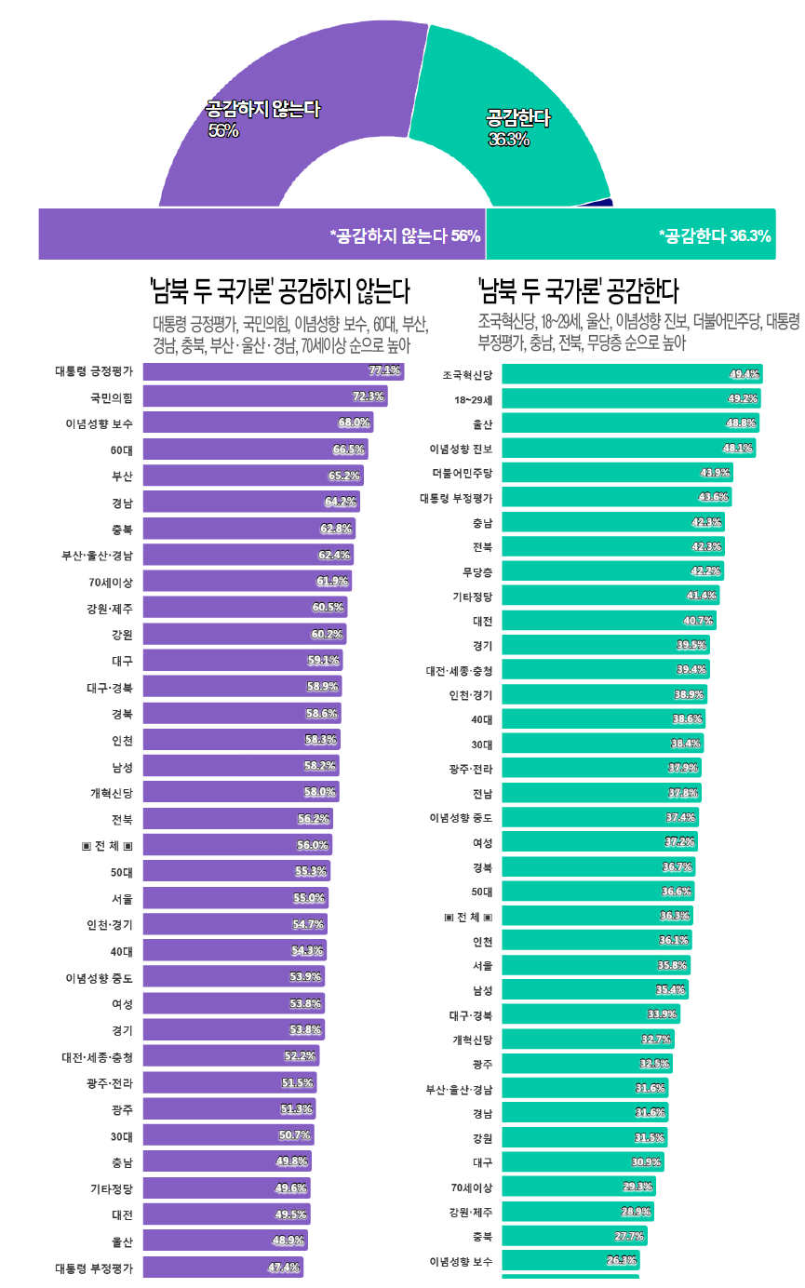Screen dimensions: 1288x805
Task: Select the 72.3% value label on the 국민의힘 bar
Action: click(x=369, y=396)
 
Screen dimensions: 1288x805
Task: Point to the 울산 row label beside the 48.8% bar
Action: click(x=482, y=423)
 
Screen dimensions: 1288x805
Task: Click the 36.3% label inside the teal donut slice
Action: click(x=509, y=140)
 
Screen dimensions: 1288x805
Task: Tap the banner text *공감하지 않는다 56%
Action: click(x=405, y=235)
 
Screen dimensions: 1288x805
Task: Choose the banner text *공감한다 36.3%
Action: click(x=714, y=235)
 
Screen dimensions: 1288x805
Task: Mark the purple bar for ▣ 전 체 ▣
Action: click(x=237, y=845)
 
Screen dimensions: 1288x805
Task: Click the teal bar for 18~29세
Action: click(x=631, y=398)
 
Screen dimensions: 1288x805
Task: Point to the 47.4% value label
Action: click(x=283, y=1268)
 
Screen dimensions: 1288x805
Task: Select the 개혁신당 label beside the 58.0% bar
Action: click(x=112, y=793)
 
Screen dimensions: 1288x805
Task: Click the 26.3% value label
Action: click(x=622, y=1261)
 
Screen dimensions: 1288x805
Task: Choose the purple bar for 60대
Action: click(x=255, y=449)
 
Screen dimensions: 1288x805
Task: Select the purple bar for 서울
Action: click(x=235, y=898)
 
